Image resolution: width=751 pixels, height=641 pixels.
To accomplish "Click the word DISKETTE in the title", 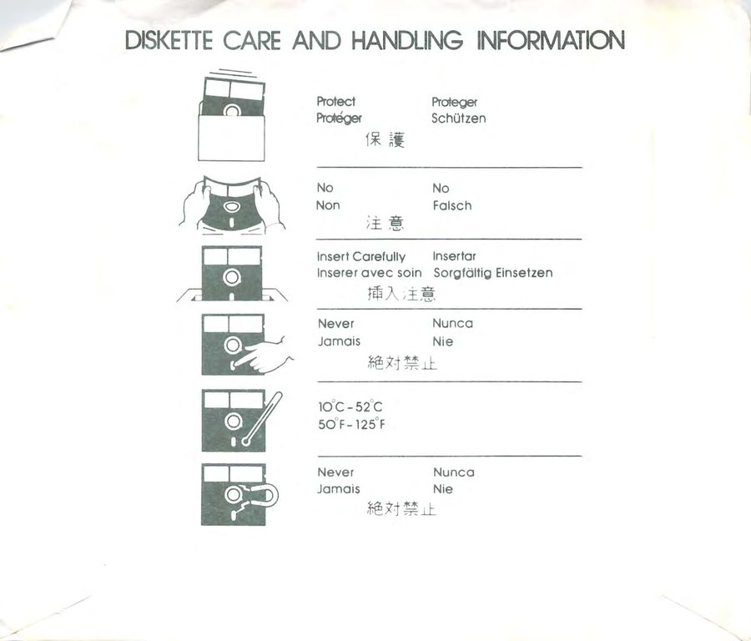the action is click(x=169, y=40).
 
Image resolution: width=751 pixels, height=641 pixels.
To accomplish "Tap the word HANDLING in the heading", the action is click(x=407, y=40).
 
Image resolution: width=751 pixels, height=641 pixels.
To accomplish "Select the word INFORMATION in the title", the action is click(x=552, y=40).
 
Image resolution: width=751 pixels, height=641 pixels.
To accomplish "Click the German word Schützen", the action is click(x=458, y=118).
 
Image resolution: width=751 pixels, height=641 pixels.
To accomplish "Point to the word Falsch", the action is click(x=452, y=205).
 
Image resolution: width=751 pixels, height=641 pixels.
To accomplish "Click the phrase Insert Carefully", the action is click(x=361, y=257).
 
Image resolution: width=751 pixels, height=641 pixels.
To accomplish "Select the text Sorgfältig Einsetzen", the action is click(x=493, y=273).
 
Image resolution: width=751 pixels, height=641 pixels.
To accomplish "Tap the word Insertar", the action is click(x=454, y=256).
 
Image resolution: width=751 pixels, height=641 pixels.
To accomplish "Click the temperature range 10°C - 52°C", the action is click(x=350, y=406).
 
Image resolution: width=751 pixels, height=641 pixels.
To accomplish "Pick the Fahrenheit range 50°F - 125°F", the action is click(x=351, y=424).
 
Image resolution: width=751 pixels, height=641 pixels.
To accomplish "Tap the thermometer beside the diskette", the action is click(x=263, y=419).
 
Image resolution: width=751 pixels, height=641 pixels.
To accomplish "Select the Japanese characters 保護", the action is click(x=385, y=139).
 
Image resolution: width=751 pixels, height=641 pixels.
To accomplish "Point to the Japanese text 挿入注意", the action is click(x=401, y=294).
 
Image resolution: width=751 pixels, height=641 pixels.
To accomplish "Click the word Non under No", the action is click(x=328, y=205).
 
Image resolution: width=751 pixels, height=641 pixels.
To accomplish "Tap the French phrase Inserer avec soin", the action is click(x=370, y=273).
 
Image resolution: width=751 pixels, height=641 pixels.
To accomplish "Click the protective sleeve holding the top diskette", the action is click(x=231, y=138).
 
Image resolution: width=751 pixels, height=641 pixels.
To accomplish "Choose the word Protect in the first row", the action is click(x=335, y=102).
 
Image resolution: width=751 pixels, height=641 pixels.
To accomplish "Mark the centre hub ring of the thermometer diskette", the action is click(x=234, y=421).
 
